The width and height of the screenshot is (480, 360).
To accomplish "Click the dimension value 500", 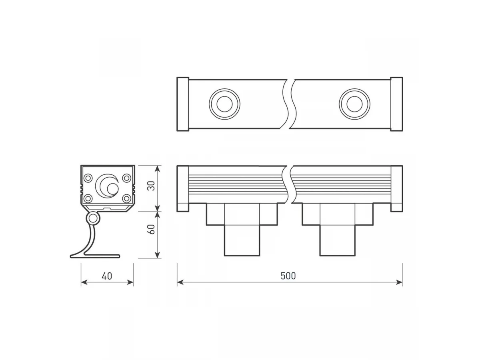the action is (288, 276).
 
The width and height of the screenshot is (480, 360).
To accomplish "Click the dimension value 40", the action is (107, 276).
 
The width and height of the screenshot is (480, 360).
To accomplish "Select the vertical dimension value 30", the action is (151, 186).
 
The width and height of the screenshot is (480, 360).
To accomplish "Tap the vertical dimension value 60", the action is (151, 229).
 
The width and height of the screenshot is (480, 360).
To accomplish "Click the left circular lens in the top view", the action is (224, 104).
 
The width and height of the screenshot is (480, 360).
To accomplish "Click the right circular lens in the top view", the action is (354, 104).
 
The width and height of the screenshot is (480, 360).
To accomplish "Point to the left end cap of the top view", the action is (182, 104).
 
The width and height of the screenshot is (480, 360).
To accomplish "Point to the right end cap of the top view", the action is (396, 104).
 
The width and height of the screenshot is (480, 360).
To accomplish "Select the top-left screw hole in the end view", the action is (88, 178).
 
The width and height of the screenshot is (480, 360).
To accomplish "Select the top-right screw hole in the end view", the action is (126, 178).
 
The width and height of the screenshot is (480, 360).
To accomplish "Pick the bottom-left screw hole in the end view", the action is (88, 198).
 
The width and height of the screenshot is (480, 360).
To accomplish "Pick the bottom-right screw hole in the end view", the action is (126, 198).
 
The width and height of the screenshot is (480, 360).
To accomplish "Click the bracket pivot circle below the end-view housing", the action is (93, 218).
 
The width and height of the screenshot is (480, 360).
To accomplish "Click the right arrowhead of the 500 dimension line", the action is (399, 282).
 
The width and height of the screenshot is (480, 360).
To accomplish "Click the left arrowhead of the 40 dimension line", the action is (84, 282).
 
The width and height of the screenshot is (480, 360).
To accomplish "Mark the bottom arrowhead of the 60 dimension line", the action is (158, 255).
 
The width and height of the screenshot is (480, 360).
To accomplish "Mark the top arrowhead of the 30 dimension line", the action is (158, 169).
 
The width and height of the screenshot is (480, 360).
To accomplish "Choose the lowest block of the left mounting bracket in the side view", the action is (242, 240).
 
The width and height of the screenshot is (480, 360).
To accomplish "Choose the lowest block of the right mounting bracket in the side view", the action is (338, 240).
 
